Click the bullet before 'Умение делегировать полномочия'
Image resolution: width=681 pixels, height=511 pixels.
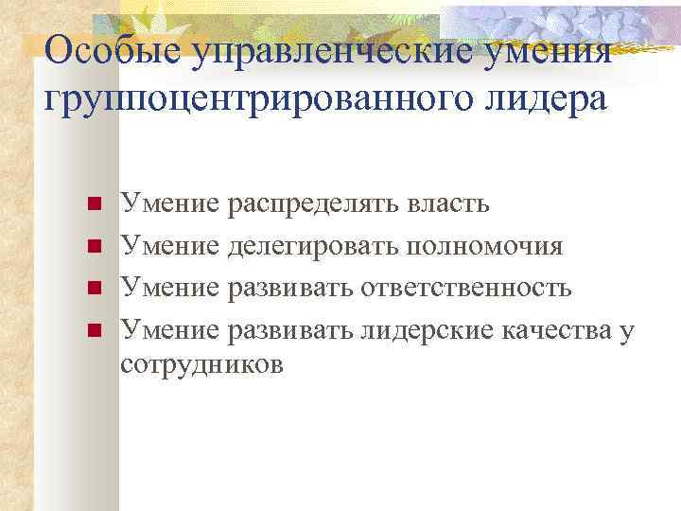[x=93, y=247]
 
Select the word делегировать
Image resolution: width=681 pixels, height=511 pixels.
[x=313, y=245]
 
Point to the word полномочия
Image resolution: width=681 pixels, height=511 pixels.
[x=484, y=245]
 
